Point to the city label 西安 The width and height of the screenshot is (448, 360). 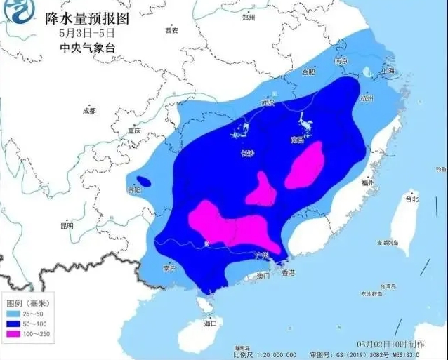(x=171, y=30)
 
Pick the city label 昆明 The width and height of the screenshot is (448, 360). (x=67, y=226)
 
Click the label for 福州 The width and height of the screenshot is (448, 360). (x=367, y=182)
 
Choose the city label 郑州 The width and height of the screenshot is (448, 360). (x=247, y=18)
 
